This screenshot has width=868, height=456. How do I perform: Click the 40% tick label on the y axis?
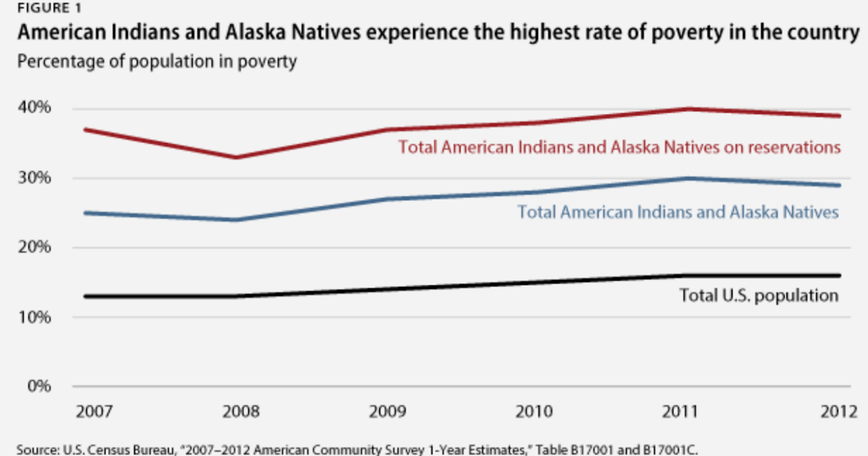click(x=34, y=108)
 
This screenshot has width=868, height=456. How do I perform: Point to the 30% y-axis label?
click(x=34, y=177)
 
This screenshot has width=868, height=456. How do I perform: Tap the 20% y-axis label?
click(x=34, y=247)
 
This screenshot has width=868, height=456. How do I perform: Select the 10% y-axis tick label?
click(x=34, y=316)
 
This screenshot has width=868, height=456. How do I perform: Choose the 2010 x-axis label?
click(x=537, y=413)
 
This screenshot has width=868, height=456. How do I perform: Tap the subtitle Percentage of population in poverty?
click(x=157, y=62)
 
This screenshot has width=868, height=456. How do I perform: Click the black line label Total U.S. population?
click(x=759, y=295)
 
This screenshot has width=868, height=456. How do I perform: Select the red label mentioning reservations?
click(x=619, y=147)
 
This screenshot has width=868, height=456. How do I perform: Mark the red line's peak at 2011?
click(x=687, y=109)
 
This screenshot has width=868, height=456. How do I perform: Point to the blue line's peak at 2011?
click(x=687, y=178)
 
